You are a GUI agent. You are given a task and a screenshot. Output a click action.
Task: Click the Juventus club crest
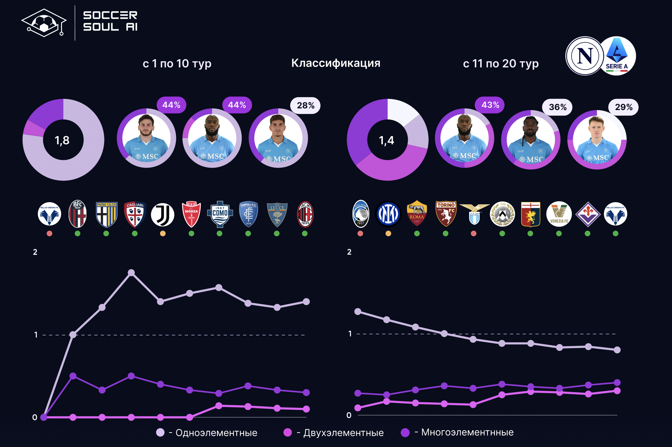[162, 214]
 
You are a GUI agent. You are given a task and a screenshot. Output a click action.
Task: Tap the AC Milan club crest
[305, 214]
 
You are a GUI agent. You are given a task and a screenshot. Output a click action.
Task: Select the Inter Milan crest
[388, 214]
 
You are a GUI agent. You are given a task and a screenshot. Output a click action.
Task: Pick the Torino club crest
[446, 214]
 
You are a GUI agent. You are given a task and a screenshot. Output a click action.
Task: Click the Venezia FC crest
[559, 214]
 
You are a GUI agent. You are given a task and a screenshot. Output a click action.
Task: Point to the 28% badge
[305, 106]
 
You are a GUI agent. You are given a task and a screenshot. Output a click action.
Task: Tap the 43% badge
[490, 105]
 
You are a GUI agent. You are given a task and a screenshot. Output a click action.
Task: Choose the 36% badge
[557, 107]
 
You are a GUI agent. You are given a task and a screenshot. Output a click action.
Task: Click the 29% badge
[623, 107]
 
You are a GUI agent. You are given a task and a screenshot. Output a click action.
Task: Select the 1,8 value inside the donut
[62, 141]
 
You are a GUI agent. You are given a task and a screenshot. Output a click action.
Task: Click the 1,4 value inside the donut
[387, 141]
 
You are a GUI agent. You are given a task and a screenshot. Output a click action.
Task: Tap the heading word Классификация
[336, 63]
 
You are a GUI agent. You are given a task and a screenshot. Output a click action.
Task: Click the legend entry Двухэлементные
[343, 433]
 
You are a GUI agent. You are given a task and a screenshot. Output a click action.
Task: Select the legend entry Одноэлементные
[216, 433]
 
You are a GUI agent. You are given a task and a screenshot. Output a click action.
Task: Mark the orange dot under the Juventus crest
[163, 234]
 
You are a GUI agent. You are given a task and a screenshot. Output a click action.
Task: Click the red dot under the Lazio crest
[474, 234]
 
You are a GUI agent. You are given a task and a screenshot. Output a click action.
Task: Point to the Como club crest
[220, 214]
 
